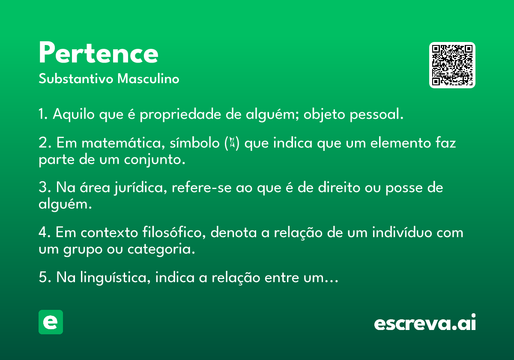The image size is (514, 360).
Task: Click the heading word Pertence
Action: pos(99,52)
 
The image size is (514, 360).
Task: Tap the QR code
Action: pos(452,65)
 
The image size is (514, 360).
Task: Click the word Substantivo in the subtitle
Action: pos(76,78)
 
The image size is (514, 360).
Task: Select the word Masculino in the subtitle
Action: pos(148,78)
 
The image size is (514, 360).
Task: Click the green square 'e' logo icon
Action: pos(51,322)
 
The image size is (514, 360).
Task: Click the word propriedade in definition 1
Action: pos(180,114)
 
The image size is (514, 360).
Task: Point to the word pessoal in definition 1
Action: pos(377,114)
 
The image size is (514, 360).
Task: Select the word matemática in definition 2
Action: pos(123,143)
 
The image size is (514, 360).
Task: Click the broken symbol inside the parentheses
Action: pos(232,143)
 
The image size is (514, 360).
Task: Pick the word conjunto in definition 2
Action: pos(155,160)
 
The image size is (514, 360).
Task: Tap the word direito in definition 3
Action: pos(339,187)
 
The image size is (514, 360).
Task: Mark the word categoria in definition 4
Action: pos(161,249)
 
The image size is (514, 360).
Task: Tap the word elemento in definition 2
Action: pos(400,143)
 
